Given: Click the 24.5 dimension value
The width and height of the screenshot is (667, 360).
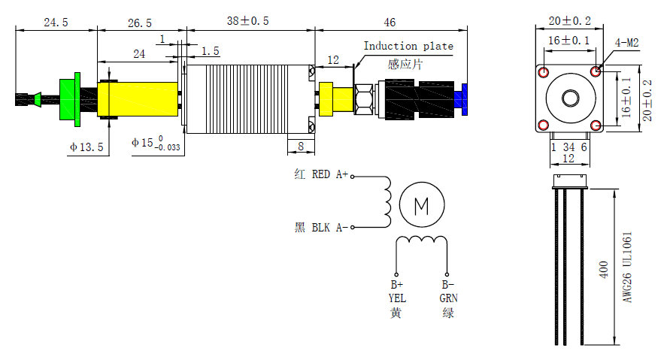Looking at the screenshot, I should pos(56,23).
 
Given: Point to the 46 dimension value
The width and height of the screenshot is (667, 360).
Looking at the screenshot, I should pos(390,23).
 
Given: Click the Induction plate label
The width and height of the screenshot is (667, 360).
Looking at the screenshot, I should pos(408,47).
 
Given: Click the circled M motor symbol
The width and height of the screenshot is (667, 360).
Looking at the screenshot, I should pos(421,204).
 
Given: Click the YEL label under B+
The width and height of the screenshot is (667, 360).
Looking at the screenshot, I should pos(397,298).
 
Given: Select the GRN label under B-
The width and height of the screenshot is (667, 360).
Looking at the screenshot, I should pos(448,298).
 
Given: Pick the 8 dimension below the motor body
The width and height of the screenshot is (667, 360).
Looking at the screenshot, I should pos(301,146).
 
